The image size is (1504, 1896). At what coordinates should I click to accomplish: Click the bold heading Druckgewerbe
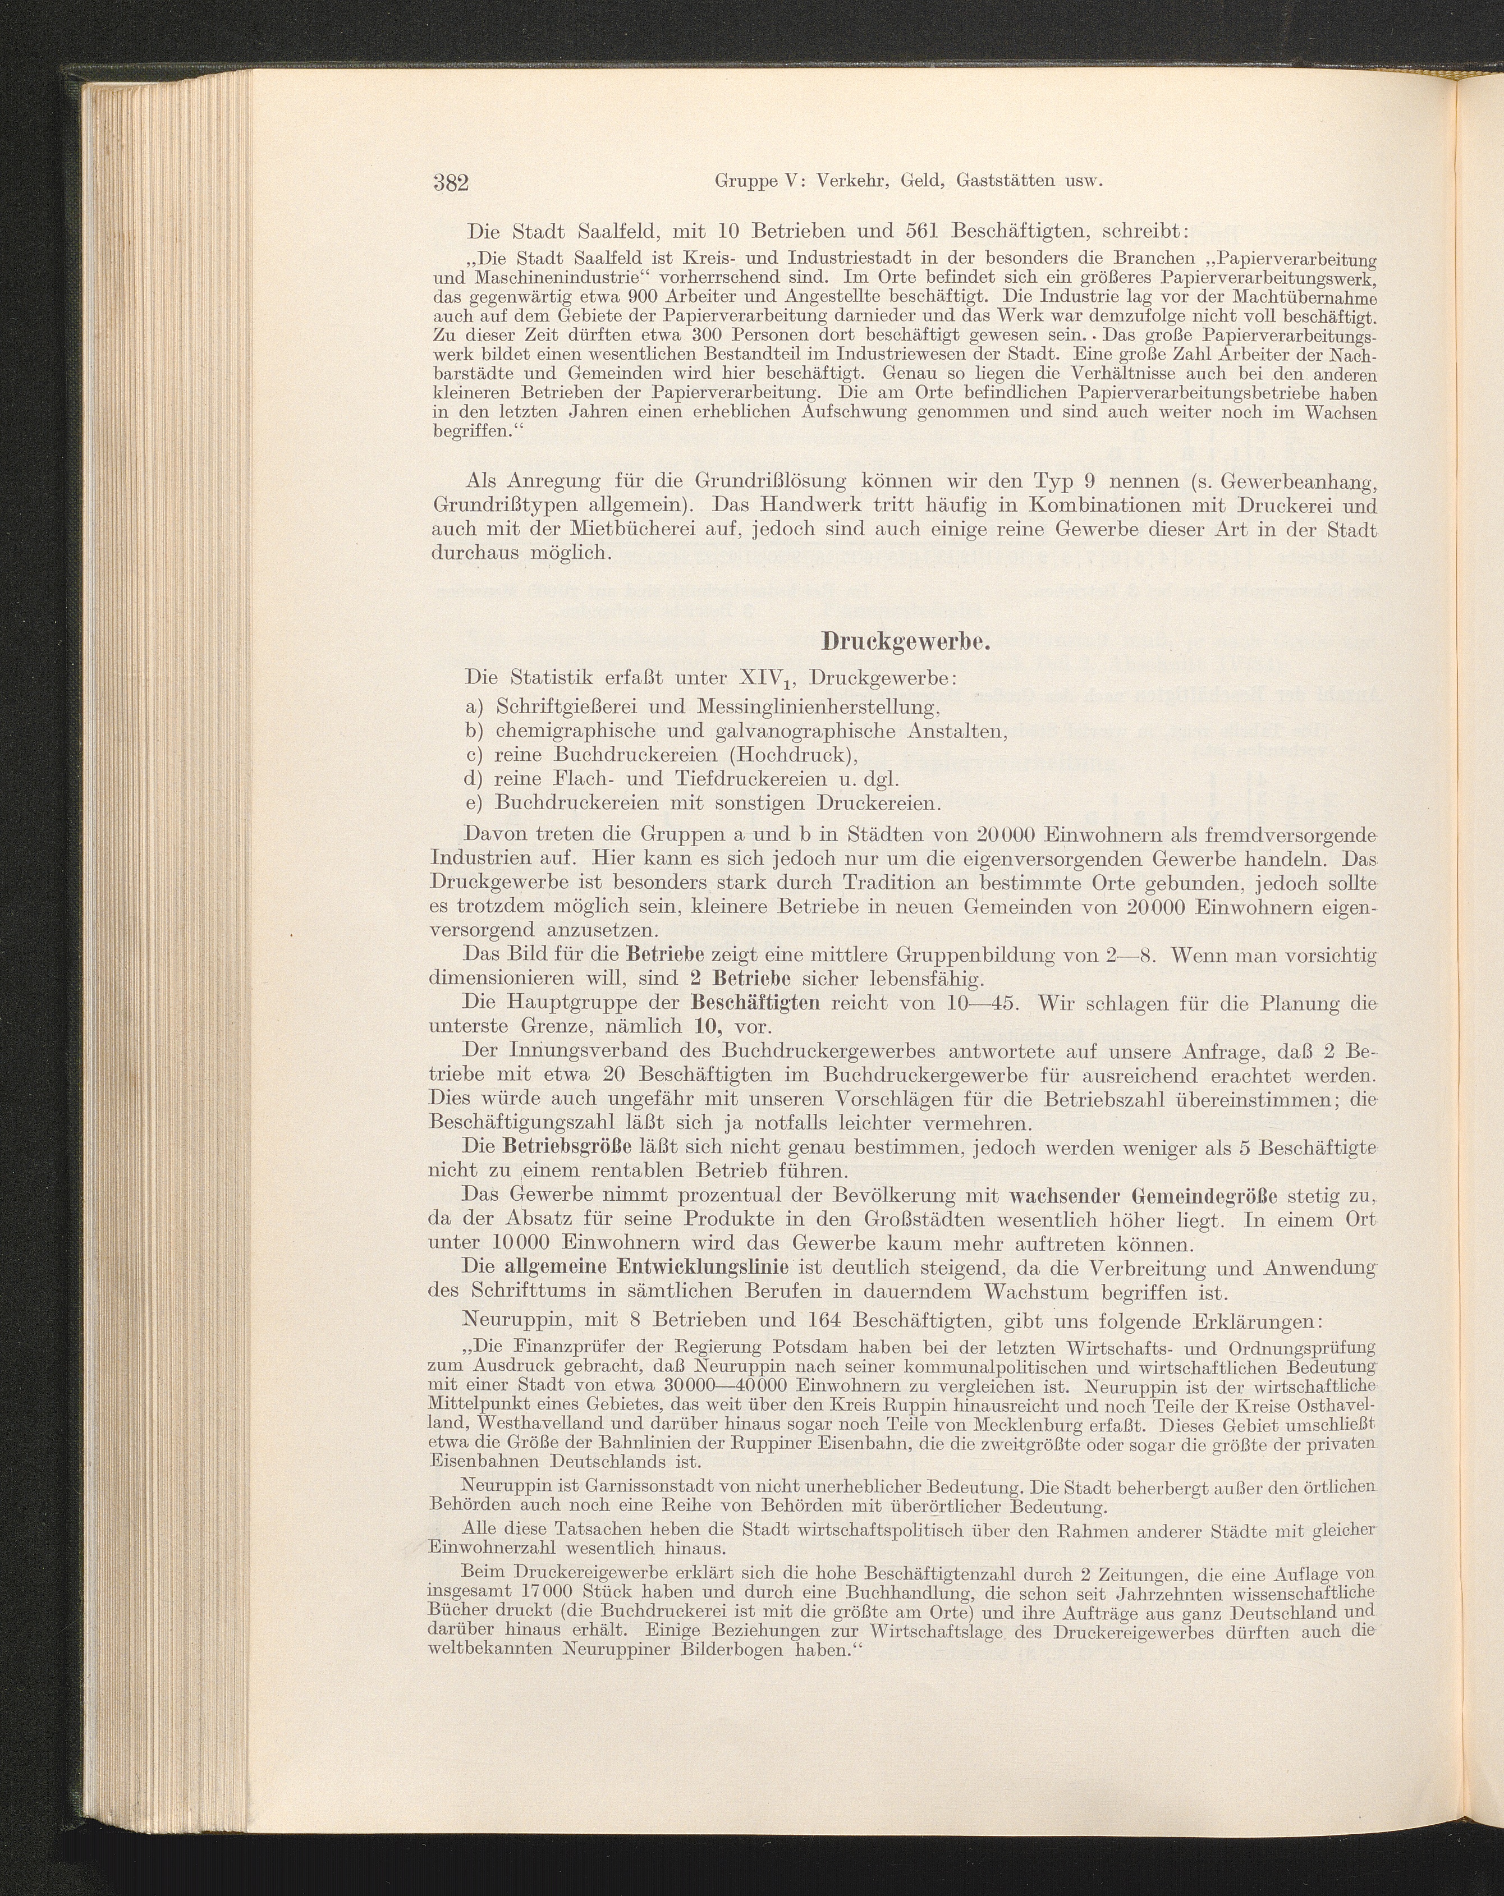point(906,642)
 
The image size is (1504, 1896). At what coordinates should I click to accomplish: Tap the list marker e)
point(476,803)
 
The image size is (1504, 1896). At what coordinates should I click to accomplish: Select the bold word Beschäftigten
point(756,1003)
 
